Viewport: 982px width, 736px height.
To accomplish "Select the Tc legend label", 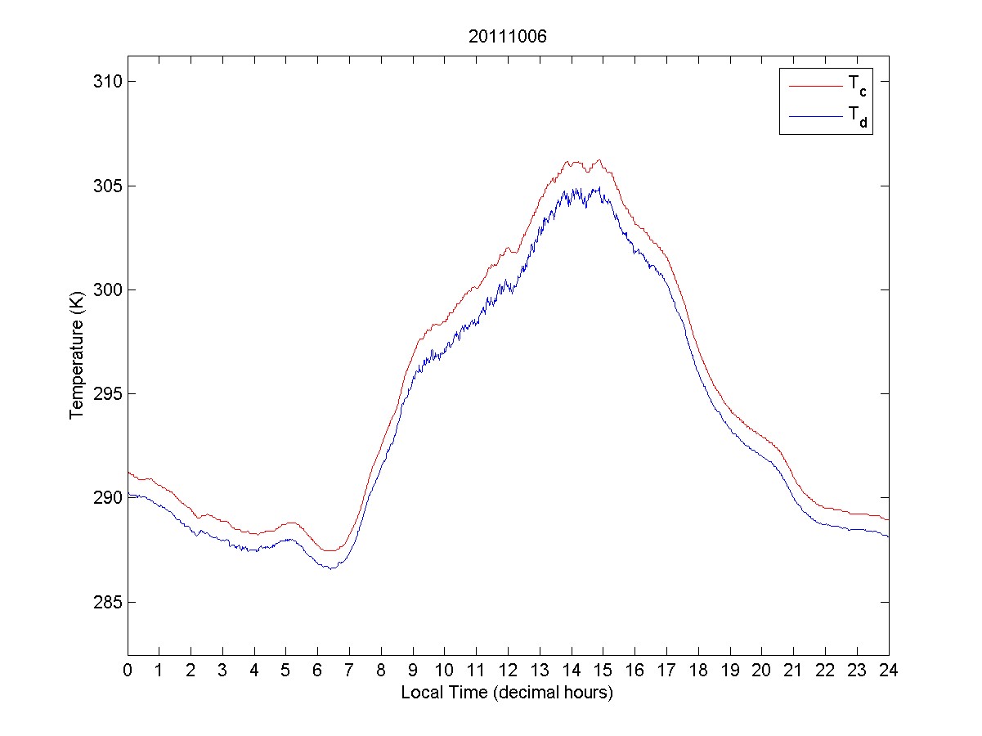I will coord(856,85).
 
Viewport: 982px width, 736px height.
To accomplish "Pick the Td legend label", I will coord(856,119).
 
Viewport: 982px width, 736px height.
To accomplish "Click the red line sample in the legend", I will coord(814,85).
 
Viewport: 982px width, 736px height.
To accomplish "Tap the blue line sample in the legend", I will coord(814,118).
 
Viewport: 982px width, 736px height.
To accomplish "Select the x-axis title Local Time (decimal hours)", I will coord(507,693).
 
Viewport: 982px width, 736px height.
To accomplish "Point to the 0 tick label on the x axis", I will coord(128,670).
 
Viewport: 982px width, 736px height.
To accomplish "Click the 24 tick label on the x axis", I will coord(889,670).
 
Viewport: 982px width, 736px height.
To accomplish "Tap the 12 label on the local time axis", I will coord(508,670).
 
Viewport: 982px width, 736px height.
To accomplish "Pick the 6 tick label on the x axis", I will coord(318,670).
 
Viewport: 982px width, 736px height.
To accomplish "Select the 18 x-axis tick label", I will coord(698,670).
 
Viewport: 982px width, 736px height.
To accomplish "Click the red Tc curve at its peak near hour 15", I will coord(599,160).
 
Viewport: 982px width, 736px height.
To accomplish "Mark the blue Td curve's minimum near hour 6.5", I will coord(331,568).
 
